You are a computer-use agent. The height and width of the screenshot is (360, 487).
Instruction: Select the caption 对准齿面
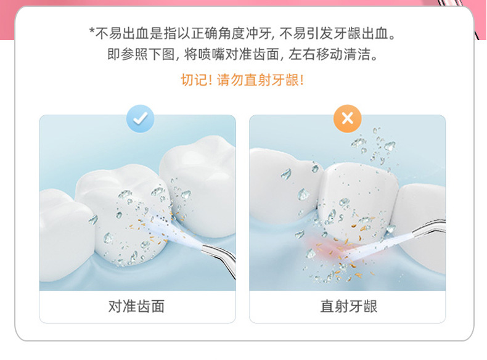[x=137, y=306]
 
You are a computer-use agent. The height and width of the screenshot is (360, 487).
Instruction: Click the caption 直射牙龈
[x=348, y=306]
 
